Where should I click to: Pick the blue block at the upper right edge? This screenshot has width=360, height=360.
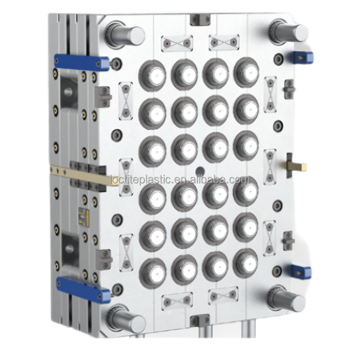pyautogui.click(x=301, y=57)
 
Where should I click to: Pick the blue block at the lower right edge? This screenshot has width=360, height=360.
pyautogui.click(x=300, y=272)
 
